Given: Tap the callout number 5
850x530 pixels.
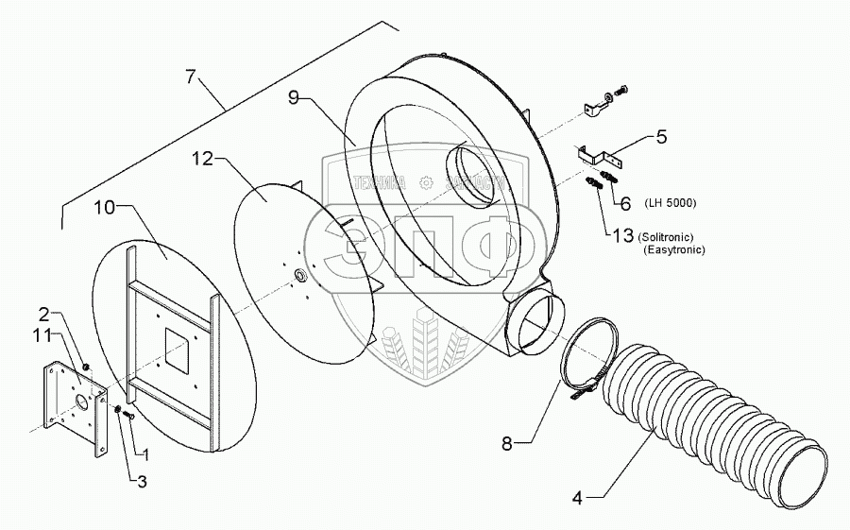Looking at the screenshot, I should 662,137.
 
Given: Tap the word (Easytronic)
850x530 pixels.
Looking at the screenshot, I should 674,249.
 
